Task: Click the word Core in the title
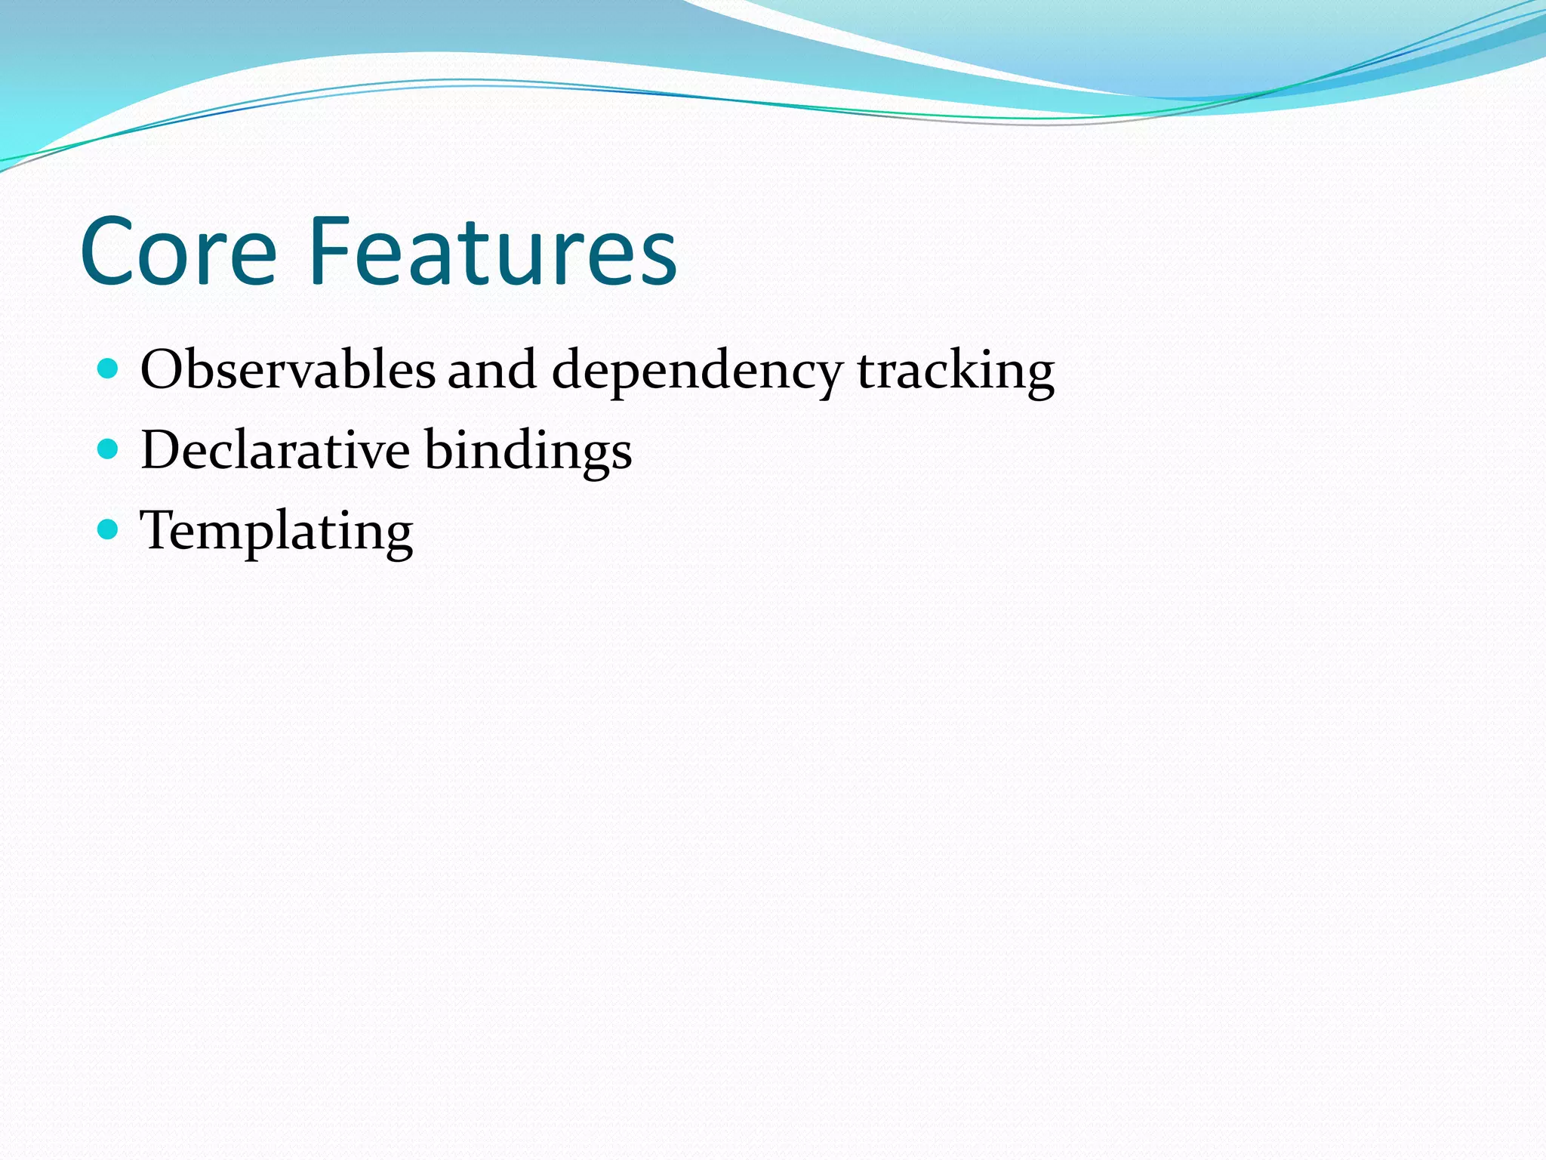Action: (178, 252)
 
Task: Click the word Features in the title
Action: (492, 252)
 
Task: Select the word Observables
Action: (288, 371)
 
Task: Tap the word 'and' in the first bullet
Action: (492, 371)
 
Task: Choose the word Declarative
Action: (275, 451)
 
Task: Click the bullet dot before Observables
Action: (109, 369)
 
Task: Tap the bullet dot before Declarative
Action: (109, 449)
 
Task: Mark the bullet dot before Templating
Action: (109, 529)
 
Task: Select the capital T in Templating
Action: (160, 530)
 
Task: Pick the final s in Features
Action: (657, 261)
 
